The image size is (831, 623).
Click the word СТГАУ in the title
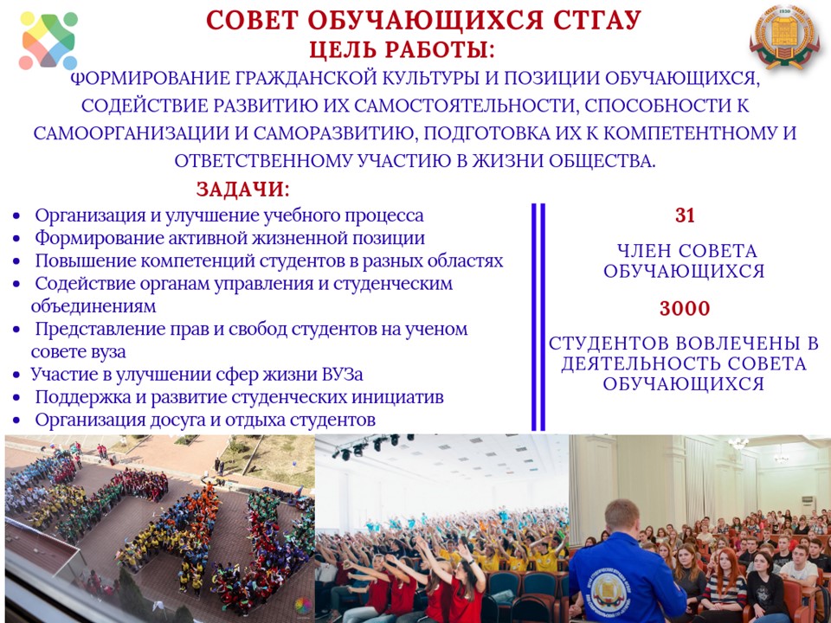pyautogui.click(x=596, y=20)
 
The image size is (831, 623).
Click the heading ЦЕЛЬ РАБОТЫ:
pyautogui.click(x=403, y=50)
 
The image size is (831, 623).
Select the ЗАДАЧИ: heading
pyautogui.click(x=243, y=189)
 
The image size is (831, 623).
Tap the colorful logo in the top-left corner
pyautogui.click(x=48, y=41)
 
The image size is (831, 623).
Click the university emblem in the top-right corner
pyautogui.click(x=784, y=37)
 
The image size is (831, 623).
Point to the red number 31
pyautogui.click(x=685, y=215)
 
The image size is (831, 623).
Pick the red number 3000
pyautogui.click(x=685, y=308)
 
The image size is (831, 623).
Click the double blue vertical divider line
pyautogui.click(x=538, y=317)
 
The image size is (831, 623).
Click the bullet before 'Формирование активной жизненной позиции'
pyautogui.click(x=17, y=240)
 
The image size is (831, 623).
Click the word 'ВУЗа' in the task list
pyautogui.click(x=343, y=375)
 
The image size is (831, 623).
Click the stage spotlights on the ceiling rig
pyautogui.click(x=371, y=446)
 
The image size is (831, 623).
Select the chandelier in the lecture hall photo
pyautogui.click(x=738, y=443)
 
